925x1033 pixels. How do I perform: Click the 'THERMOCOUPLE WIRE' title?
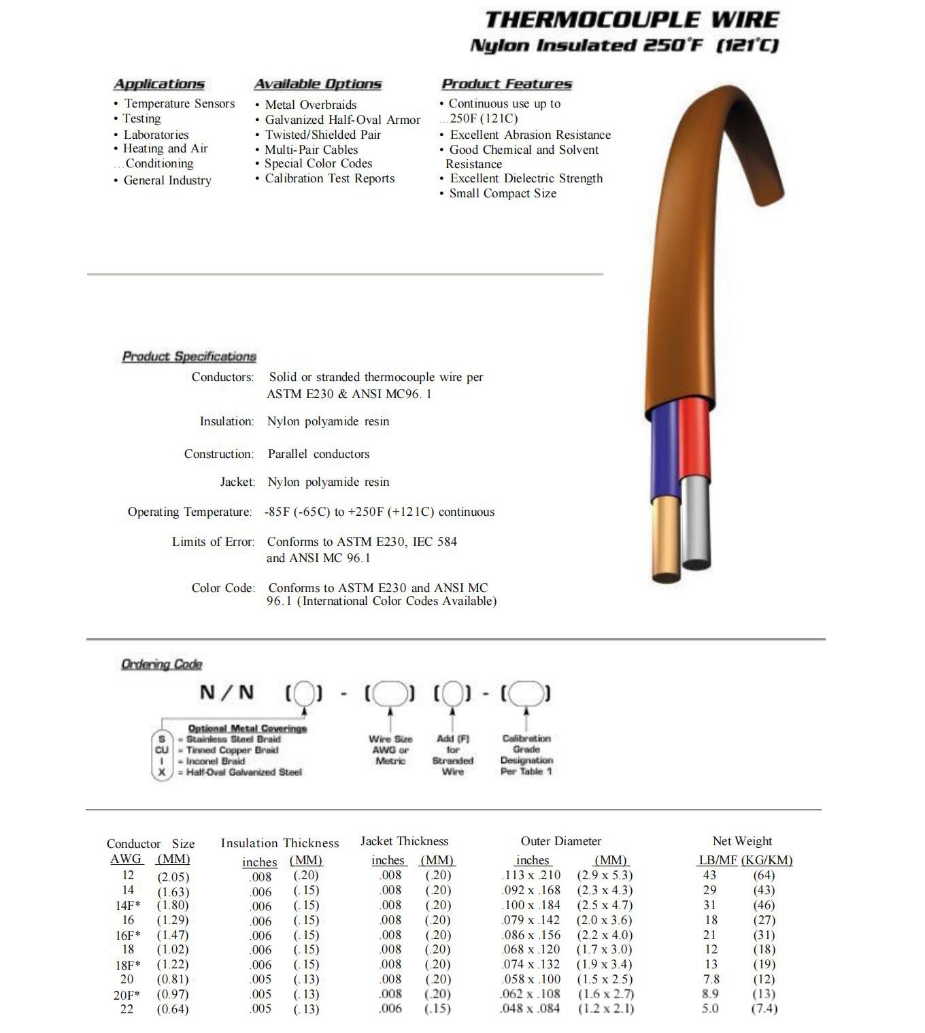point(632,20)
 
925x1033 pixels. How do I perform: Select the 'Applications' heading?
point(158,84)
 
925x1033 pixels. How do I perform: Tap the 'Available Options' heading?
point(318,84)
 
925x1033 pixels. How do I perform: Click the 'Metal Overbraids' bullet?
point(310,105)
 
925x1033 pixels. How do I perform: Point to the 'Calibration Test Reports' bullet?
point(329,178)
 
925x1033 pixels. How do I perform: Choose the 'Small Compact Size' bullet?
point(502,193)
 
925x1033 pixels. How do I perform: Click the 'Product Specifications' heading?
point(189,357)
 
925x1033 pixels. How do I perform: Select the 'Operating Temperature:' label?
point(190,512)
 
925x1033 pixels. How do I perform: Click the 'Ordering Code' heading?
point(162,664)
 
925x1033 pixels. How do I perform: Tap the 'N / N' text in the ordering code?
point(226,693)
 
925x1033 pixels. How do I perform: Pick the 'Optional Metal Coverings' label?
point(247,728)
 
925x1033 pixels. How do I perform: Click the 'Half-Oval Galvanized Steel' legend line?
point(243,772)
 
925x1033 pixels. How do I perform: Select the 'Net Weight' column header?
point(742,842)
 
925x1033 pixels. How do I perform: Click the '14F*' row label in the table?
point(128,906)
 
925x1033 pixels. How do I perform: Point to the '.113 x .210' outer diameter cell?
point(531,876)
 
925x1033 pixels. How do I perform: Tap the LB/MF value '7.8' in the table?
point(710,979)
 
